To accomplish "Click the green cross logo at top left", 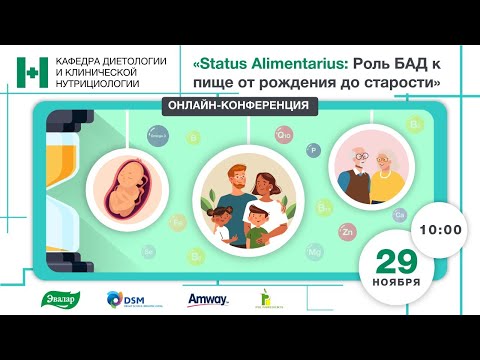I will coord(32,72).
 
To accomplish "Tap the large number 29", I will coord(397,261).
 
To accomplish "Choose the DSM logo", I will coord(128,300).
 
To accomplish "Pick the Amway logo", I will coord(208,300).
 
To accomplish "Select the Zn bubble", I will coord(347,232).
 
